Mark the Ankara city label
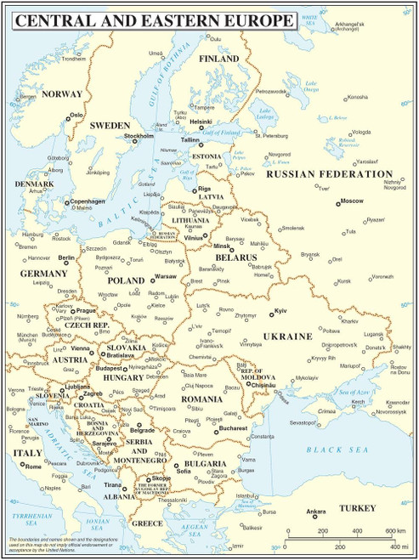click(315, 512)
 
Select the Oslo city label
click(76, 114)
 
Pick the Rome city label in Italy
click(34, 467)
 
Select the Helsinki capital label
click(201, 122)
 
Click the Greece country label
click(147, 523)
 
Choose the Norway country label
click(61, 94)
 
